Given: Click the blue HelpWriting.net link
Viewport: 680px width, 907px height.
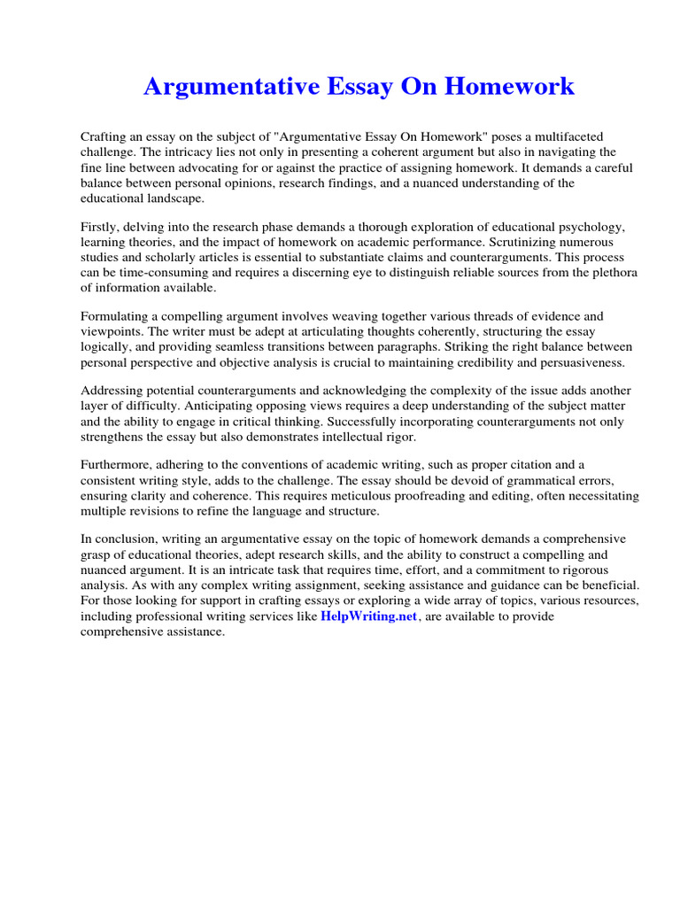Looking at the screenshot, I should pos(368,616).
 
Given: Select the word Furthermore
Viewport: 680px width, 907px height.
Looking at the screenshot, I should pos(120,464).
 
